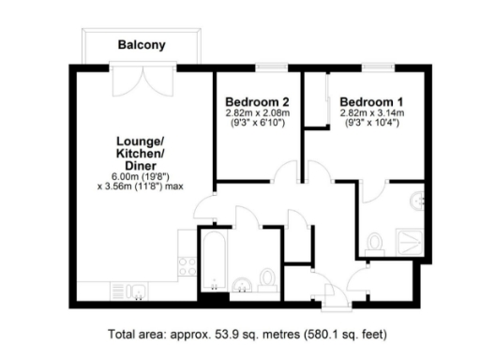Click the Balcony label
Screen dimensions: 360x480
pyautogui.click(x=141, y=44)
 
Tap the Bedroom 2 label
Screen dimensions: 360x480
pyautogui.click(x=257, y=101)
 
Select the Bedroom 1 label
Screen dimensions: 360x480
pyautogui.click(x=371, y=101)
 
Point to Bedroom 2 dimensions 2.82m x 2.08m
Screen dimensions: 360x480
pyautogui.click(x=257, y=113)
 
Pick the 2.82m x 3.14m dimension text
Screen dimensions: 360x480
pyautogui.click(x=371, y=113)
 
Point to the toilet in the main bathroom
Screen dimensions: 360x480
pyautogui.click(x=267, y=278)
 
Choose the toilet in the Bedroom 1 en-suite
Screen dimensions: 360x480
pyautogui.click(x=376, y=243)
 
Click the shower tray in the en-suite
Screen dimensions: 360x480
pyautogui.click(x=411, y=241)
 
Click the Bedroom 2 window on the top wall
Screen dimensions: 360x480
pyautogui.click(x=270, y=67)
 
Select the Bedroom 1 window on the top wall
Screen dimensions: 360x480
pyautogui.click(x=376, y=67)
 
